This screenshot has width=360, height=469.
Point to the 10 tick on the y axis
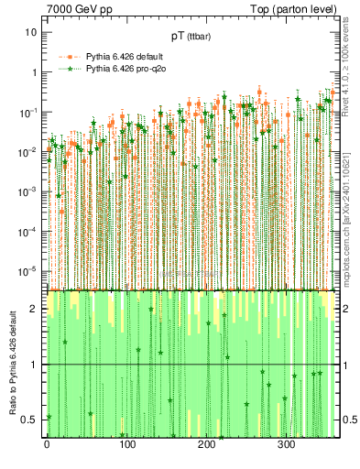pyautogui.click(x=31, y=32)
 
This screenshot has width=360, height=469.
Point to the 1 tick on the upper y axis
pyautogui.click(x=34, y=72)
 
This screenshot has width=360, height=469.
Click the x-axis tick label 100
pyautogui.click(x=126, y=445)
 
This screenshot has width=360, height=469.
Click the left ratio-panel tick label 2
pyautogui.click(x=35, y=309)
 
